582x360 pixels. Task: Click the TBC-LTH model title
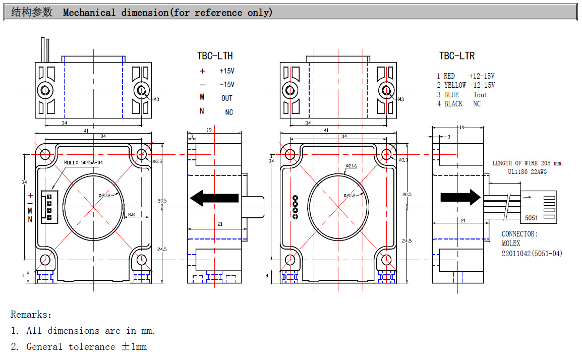tap(215, 55)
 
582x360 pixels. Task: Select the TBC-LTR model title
tap(456, 55)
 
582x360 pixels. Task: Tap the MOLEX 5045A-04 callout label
tap(84, 162)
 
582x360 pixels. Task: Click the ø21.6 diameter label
tap(351, 166)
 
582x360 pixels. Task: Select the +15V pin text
tap(227, 71)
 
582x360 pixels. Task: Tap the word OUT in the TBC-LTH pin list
tap(227, 98)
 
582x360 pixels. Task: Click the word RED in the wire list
tap(449, 76)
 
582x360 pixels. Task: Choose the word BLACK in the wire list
tap(453, 104)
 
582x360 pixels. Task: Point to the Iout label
tap(480, 95)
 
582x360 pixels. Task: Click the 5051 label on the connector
tap(531, 218)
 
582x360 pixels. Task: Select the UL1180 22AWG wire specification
tap(527, 172)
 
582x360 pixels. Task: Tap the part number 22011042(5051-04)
tap(532, 253)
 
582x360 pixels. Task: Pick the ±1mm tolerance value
tap(134, 347)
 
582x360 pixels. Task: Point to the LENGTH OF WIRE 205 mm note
tap(528, 163)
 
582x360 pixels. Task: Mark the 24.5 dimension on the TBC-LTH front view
tap(161, 249)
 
